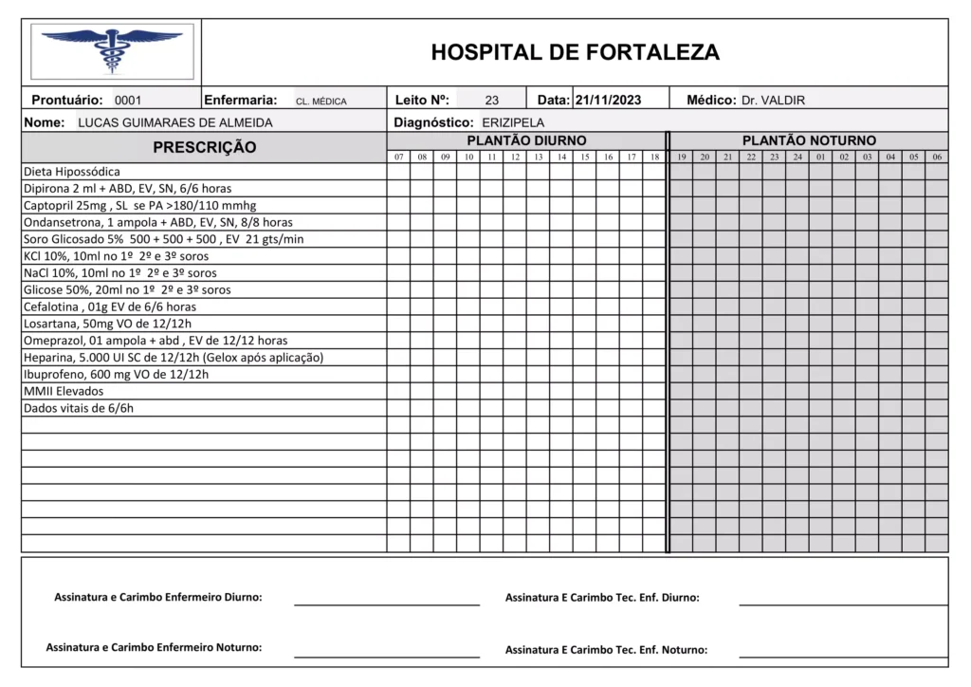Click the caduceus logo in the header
tap(112, 50)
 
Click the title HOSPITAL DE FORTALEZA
tap(575, 52)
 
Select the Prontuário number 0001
tap(127, 100)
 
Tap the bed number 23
tap(491, 100)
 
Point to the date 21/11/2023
tap(608, 100)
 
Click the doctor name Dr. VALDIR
tap(773, 100)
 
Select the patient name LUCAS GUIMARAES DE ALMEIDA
tap(174, 122)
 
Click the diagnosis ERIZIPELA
tap(513, 122)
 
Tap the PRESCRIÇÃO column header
tap(204, 147)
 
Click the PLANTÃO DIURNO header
tap(526, 140)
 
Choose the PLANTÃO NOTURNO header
tap(809, 140)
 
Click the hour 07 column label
tap(398, 157)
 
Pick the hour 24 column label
tap(797, 157)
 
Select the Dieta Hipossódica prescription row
tap(72, 172)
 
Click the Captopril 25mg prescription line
tap(139, 205)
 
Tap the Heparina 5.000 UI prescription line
tap(174, 357)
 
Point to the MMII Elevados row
tap(64, 391)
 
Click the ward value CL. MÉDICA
tap(321, 101)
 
